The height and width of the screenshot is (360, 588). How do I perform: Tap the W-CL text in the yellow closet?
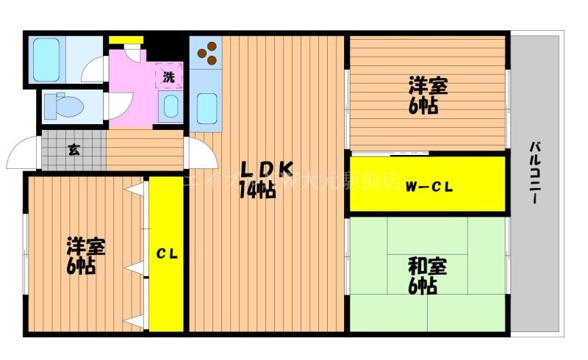429,186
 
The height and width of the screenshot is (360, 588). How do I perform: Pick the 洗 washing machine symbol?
169,76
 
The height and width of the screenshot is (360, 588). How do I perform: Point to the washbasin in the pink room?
170,107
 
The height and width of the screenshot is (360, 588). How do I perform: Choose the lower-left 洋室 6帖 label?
85,256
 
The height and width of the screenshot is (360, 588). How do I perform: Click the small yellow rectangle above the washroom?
126,40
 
